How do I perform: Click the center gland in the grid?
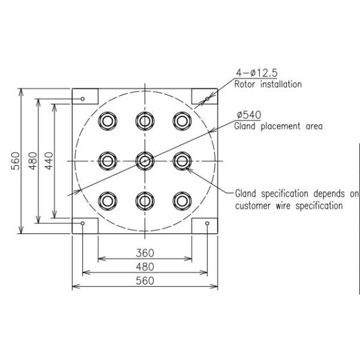(145, 161)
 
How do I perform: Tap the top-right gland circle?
(181, 121)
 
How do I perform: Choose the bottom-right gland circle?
(181, 200)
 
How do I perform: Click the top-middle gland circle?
(145, 121)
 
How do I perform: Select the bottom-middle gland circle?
(145, 200)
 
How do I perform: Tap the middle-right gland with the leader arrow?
(181, 161)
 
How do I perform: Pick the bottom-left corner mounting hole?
(83, 224)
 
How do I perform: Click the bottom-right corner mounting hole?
(207, 224)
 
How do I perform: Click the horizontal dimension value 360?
(145, 253)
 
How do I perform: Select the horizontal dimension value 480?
(145, 266)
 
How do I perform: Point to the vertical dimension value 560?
(16, 161)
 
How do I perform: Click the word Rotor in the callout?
(245, 85)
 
